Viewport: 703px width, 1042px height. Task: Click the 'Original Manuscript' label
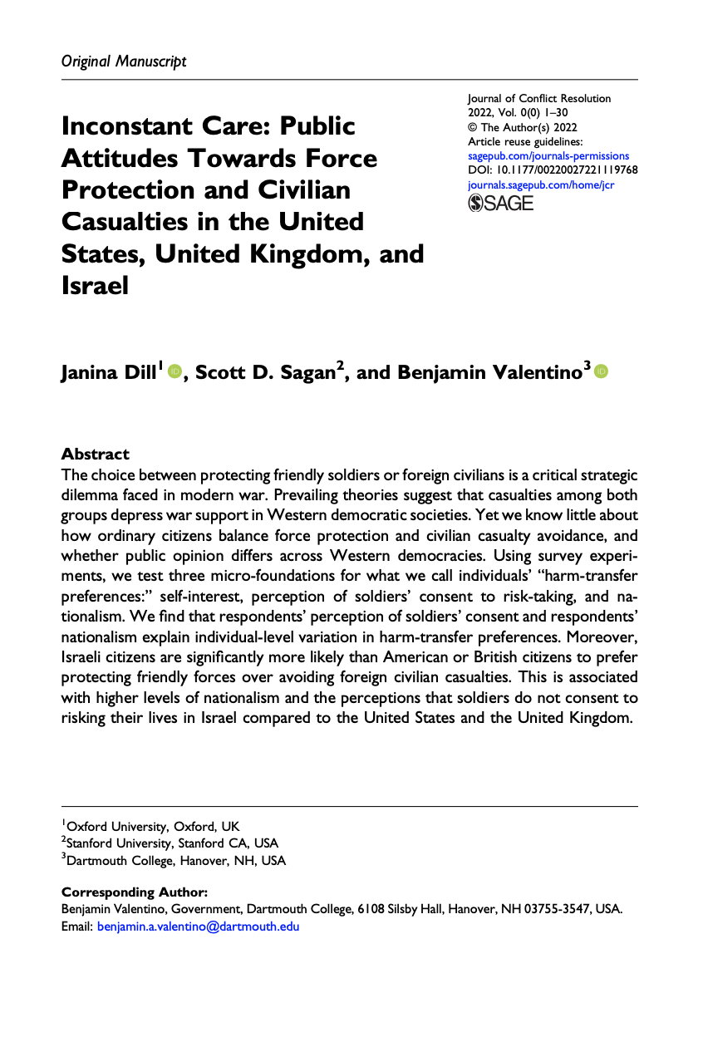[x=124, y=61]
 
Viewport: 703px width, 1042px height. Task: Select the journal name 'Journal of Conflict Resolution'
[x=539, y=98]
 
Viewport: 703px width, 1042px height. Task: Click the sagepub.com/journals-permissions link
[x=548, y=155]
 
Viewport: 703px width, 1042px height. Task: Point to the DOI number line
[x=553, y=170]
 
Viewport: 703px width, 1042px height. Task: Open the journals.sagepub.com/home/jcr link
[x=541, y=184]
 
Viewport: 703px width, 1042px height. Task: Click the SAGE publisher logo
[x=501, y=204]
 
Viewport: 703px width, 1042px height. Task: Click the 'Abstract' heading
[x=96, y=454]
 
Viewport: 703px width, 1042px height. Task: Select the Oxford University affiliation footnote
[x=150, y=826]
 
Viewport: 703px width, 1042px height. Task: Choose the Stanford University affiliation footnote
[x=170, y=843]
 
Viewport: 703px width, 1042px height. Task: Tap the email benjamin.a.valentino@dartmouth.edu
[x=198, y=926]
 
